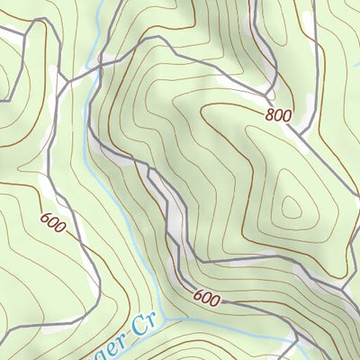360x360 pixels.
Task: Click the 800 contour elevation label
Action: point(280,115)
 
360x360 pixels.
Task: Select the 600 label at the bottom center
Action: point(207,297)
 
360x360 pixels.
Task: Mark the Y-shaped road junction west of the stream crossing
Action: point(65,81)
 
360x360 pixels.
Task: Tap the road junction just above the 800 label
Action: point(267,94)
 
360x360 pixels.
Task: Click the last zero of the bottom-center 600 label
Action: point(214,301)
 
